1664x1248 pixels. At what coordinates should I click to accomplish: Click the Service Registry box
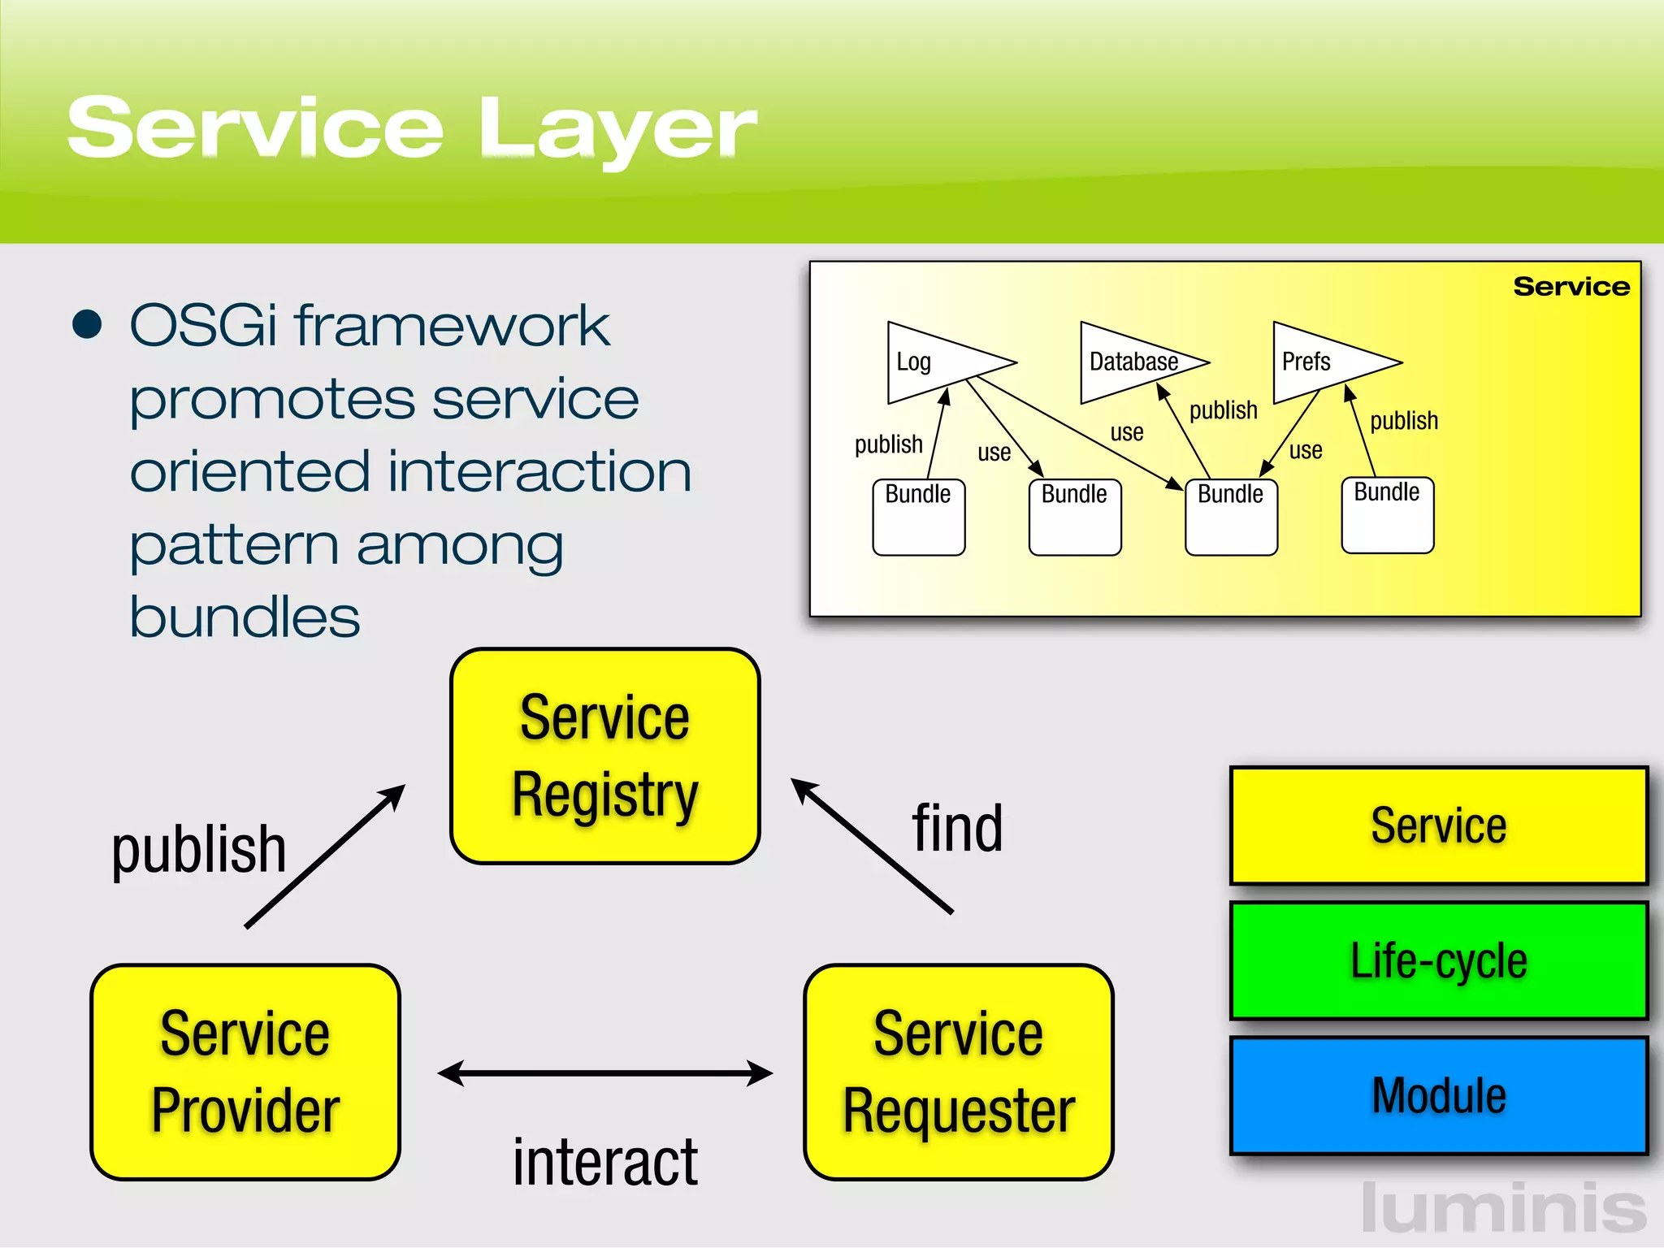[x=604, y=756]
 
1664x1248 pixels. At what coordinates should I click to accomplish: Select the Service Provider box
[x=245, y=1072]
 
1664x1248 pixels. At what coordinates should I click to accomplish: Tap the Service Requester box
[x=958, y=1072]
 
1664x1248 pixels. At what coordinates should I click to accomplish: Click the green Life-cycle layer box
[x=1438, y=960]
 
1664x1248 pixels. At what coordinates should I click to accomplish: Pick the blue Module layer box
[x=1438, y=1095]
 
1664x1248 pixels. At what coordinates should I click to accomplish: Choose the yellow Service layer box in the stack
[x=1438, y=825]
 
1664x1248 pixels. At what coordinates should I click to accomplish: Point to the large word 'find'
[x=957, y=829]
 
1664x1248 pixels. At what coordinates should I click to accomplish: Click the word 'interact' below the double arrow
[x=604, y=1162]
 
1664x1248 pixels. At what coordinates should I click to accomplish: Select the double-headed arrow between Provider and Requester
[x=604, y=1073]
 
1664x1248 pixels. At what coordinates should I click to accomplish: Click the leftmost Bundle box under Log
[x=918, y=517]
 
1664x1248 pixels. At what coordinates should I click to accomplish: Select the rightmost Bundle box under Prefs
[x=1387, y=515]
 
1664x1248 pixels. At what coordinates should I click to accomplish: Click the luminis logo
[x=1503, y=1208]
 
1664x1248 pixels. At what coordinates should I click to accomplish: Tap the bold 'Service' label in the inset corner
[x=1571, y=286]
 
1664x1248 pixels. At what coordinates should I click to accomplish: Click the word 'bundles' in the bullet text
[x=244, y=617]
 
